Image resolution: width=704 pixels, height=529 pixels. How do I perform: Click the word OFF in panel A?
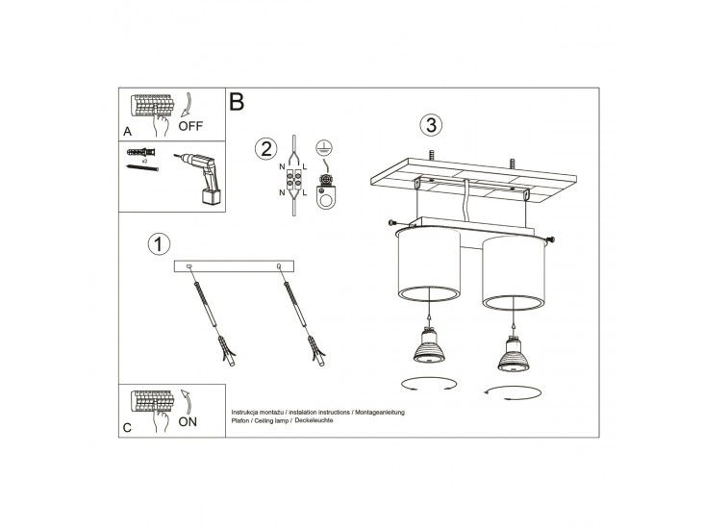(x=190, y=126)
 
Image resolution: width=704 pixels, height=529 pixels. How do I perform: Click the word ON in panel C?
(x=188, y=421)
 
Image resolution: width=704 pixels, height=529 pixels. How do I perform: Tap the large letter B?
(x=237, y=102)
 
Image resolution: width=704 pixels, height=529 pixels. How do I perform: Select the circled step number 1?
(x=159, y=244)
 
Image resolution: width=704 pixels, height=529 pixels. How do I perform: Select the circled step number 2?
(x=265, y=149)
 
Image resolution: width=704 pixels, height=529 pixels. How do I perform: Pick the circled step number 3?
(x=431, y=125)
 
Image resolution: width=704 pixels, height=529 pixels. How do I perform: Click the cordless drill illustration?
(x=200, y=178)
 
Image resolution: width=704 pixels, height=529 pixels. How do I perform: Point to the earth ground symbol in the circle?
(x=321, y=146)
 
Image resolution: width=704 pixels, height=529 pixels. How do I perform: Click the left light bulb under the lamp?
(x=429, y=345)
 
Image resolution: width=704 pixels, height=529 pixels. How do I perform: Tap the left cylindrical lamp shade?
(x=429, y=264)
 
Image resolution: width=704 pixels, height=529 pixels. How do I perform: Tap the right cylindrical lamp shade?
(x=514, y=273)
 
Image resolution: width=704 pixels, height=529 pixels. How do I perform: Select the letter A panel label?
(x=128, y=132)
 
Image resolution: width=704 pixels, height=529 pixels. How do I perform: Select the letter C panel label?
(x=127, y=427)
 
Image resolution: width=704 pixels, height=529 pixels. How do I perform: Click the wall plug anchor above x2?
(x=141, y=152)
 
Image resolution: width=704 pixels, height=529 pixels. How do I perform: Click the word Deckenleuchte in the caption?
(x=314, y=420)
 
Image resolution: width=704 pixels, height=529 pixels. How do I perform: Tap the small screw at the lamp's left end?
(x=392, y=222)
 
